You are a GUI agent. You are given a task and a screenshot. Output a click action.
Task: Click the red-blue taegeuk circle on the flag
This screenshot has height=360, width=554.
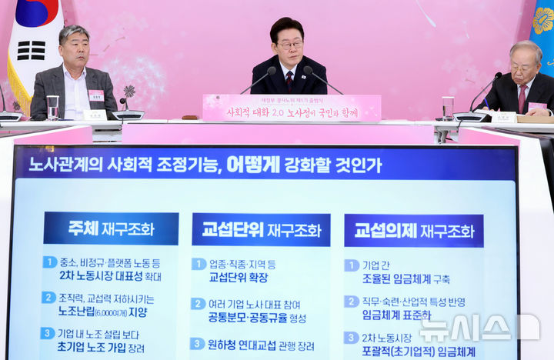pos(36,11)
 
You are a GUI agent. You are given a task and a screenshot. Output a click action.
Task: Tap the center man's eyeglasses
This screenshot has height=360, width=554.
pos(289,45)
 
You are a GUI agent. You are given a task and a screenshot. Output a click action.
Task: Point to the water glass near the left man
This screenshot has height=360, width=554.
pos(52,107)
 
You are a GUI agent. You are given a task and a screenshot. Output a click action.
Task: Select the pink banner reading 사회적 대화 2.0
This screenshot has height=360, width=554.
pos(292,108)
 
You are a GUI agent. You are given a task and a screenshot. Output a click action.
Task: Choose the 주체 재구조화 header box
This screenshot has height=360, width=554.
pos(111,228)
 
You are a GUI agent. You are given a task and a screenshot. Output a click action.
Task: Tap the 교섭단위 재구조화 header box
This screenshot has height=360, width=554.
pos(261,229)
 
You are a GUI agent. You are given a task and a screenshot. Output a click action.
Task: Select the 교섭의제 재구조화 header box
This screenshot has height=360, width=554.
pos(413,230)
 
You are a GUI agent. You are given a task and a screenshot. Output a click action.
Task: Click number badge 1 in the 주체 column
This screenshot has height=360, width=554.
pos(49,262)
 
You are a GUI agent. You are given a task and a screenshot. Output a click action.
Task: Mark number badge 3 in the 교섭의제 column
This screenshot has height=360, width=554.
pos(352,338)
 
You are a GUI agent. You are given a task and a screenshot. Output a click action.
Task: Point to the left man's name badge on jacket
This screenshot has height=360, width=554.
pos(96,95)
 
